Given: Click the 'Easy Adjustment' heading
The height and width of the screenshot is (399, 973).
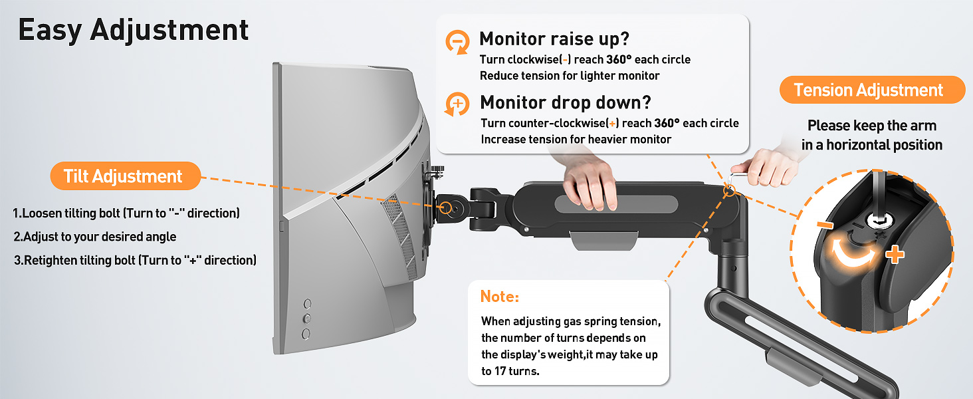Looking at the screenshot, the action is point(134,31).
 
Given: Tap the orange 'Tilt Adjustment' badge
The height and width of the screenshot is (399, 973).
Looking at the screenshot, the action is point(126,176).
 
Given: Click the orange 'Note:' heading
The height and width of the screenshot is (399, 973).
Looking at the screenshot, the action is point(500,297).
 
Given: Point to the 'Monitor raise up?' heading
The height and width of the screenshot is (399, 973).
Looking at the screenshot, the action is point(554,39).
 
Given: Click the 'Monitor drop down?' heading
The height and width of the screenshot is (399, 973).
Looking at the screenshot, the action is point(566,102).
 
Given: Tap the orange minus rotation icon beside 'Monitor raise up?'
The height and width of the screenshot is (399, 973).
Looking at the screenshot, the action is point(457,42).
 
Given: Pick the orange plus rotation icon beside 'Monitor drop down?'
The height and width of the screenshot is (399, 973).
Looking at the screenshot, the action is point(457,104).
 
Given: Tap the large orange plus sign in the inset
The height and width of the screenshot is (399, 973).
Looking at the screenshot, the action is point(895,254).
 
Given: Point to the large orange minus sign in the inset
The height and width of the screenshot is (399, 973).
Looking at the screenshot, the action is point(825,224).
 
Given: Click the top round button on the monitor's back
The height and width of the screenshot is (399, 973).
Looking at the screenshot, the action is point(308,303).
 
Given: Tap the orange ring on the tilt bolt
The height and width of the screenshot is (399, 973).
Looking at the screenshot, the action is point(446,207).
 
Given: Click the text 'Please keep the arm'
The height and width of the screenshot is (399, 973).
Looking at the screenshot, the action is point(872,126).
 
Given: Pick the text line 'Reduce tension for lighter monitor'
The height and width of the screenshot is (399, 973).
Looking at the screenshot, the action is point(570,76).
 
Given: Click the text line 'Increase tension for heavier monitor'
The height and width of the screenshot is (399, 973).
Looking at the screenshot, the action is point(576,139).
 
